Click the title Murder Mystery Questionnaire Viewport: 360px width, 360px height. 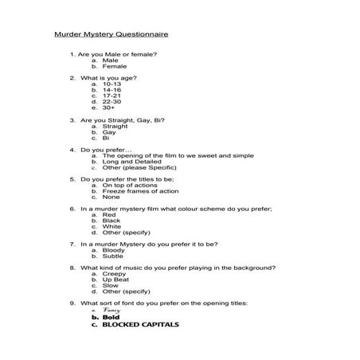coord(111,35)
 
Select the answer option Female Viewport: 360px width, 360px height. coord(114,66)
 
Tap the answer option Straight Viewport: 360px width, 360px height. coord(115,126)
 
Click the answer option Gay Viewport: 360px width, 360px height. coord(109,132)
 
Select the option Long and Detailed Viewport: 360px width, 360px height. coord(132,161)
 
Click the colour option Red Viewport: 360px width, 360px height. coord(109,214)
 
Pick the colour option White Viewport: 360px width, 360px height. coord(112,226)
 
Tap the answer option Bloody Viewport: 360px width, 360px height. coord(113,250)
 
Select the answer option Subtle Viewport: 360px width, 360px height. coord(113,256)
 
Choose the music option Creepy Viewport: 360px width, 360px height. coord(114,274)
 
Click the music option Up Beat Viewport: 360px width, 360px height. coord(116,280)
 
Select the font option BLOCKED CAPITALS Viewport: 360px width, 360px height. coord(140,325)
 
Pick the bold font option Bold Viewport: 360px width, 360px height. coord(110,317)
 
